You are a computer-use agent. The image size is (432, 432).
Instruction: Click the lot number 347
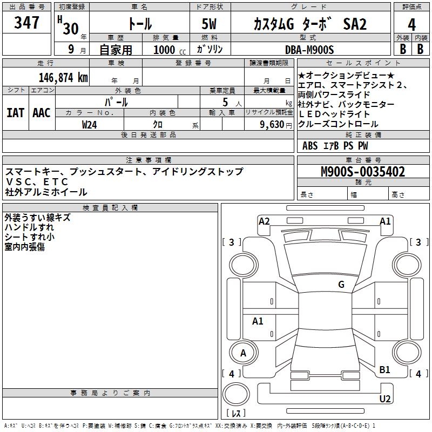(x=26, y=23)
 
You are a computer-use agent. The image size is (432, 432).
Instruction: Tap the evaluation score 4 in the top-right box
(x=411, y=24)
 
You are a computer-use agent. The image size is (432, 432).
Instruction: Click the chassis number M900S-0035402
(x=362, y=172)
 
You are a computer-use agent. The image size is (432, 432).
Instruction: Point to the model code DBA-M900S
(x=309, y=50)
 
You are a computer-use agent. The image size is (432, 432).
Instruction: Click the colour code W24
(x=90, y=124)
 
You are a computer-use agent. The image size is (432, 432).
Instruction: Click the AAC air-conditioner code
(x=41, y=113)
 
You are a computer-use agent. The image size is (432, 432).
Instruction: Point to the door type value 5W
(x=211, y=24)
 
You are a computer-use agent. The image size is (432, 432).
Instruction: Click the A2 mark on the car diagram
(x=264, y=221)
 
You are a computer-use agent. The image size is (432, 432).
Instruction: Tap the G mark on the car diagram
(x=341, y=285)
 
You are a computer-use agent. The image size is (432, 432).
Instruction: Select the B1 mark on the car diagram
(x=384, y=370)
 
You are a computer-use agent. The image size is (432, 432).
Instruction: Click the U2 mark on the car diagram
(x=384, y=399)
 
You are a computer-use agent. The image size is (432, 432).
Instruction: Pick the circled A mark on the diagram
(x=243, y=353)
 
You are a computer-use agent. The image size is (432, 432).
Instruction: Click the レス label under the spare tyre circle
(x=235, y=414)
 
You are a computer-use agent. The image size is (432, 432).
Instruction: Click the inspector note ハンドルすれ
(x=29, y=227)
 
